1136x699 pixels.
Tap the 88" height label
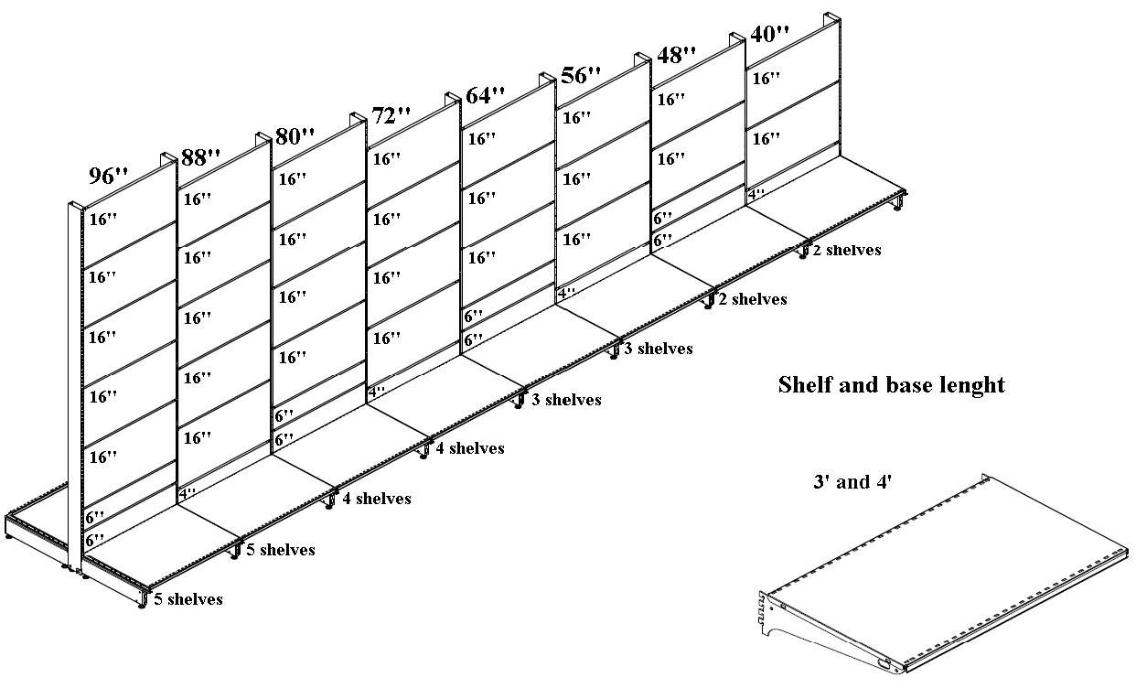click(201, 156)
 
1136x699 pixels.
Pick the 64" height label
click(485, 94)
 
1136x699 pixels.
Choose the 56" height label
click(581, 75)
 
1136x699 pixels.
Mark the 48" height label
click(677, 54)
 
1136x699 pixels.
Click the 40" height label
click(769, 34)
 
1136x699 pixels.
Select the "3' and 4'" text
click(852, 481)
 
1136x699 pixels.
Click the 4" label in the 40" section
click(756, 194)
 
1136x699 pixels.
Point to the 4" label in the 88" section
click(188, 493)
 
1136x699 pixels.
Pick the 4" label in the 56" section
click(567, 293)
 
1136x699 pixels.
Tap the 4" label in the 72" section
click(376, 392)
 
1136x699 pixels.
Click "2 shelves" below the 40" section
click(847, 250)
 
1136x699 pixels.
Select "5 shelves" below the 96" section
click(188, 599)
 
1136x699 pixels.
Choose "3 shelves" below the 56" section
click(659, 349)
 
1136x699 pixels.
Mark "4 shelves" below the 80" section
click(376, 499)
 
